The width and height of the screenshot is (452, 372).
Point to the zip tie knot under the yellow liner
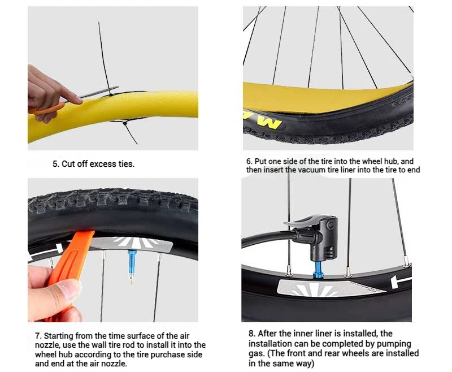[x=124, y=123]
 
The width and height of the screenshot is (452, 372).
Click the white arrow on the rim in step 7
[x=46, y=252]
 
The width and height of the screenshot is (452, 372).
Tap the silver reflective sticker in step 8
[x=329, y=288]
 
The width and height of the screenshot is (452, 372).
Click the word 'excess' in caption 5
[x=103, y=164]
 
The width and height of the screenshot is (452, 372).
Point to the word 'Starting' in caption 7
[x=59, y=336]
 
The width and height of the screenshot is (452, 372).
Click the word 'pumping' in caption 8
[x=394, y=344]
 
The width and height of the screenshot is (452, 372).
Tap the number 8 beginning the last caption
[x=252, y=334]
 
